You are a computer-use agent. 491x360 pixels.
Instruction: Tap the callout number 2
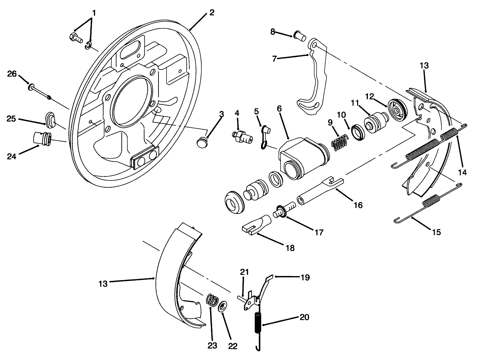pos(211,13)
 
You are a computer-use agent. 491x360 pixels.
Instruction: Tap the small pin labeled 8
pos(298,34)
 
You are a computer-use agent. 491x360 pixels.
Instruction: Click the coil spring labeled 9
pos(339,142)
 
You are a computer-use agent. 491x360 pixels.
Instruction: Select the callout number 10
pos(342,115)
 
